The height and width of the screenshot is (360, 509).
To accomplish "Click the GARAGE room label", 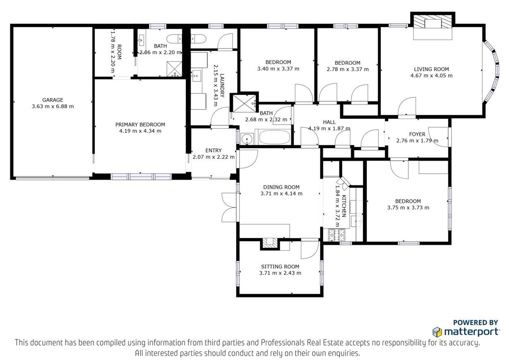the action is tap(53, 100).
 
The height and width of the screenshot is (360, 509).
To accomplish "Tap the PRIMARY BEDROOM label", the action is tap(140, 125).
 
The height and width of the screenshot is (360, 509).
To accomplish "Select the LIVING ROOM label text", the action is tap(431, 69).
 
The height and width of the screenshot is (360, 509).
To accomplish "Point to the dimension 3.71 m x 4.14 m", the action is tap(281, 193).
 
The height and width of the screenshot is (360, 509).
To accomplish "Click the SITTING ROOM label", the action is tap(280, 267).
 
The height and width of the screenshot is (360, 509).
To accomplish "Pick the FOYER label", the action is tap(417, 134).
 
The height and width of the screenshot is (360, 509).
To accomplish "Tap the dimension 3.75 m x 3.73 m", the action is tap(408, 207).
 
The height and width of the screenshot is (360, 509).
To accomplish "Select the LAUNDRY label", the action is tap(222, 86).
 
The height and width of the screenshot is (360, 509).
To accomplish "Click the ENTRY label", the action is tap(214, 150).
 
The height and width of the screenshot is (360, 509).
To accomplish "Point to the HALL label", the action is tap(329, 122).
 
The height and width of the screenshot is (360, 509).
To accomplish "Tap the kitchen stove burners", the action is tap(337, 235).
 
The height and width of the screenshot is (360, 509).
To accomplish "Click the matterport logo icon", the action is tap(437, 332).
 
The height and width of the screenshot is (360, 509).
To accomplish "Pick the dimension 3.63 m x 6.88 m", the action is tap(53, 106).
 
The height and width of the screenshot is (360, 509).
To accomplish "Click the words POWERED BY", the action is tap(475, 323).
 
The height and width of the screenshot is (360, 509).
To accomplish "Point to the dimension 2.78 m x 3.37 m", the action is tap(348, 69).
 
